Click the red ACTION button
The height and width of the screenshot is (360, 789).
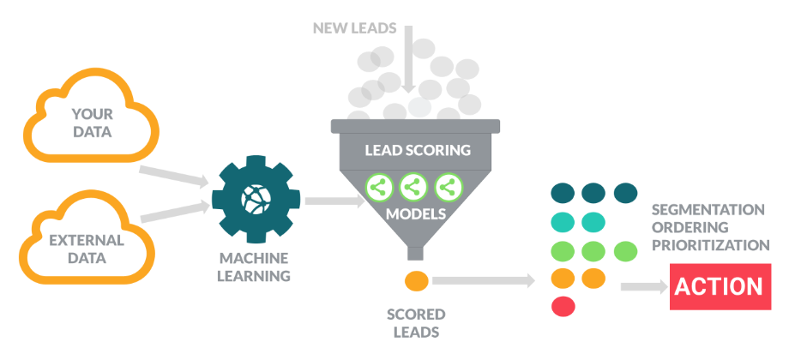click(x=718, y=286)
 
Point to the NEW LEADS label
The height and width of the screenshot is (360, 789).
click(x=353, y=28)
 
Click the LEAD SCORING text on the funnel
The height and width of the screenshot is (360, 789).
click(x=418, y=151)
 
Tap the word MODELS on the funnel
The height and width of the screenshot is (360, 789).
click(x=415, y=213)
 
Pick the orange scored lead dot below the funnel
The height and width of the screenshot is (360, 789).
click(x=415, y=279)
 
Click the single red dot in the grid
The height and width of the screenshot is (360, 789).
click(x=563, y=305)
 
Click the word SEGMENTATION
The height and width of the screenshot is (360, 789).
click(x=708, y=209)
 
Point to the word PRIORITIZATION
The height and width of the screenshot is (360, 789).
click(x=710, y=245)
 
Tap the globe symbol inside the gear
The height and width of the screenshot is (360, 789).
click(x=255, y=197)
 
